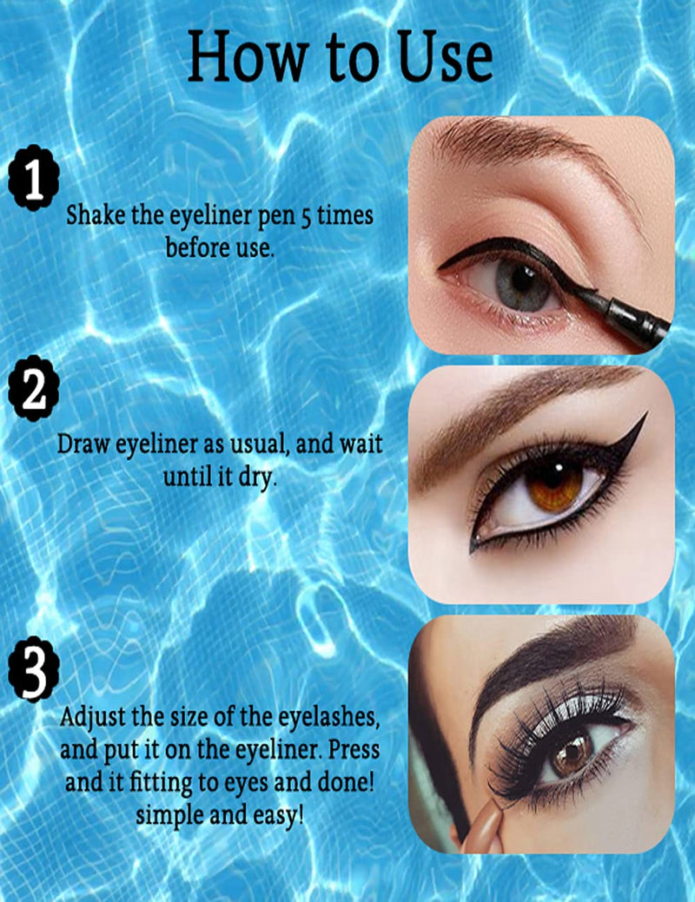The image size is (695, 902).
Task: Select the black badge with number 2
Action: tap(33, 392)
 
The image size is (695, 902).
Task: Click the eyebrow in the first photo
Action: tap(521, 143)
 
